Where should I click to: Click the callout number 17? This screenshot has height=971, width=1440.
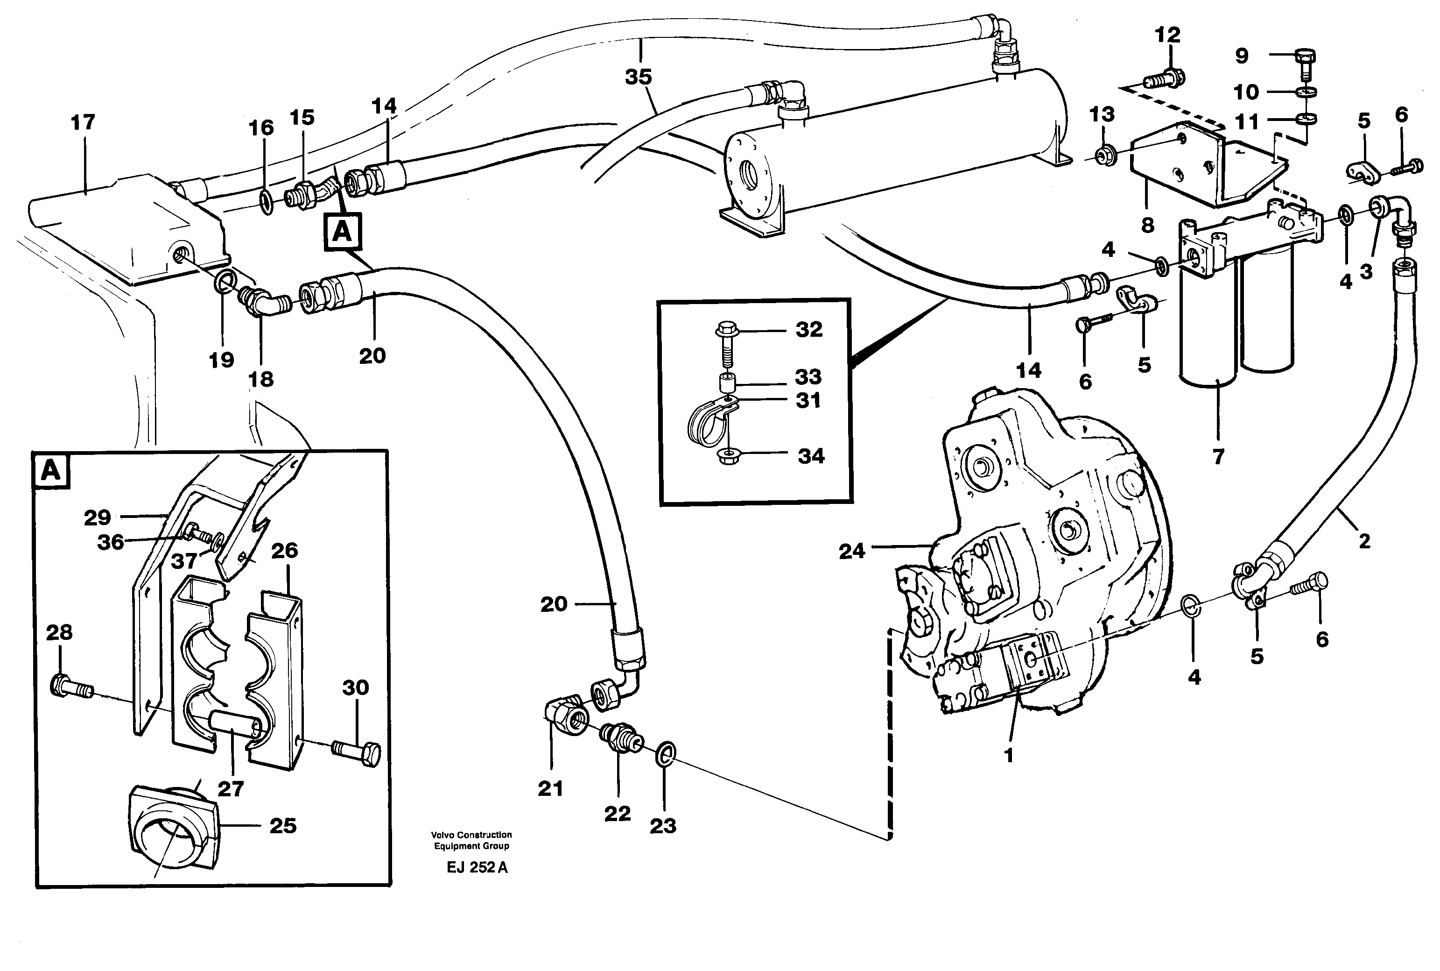[x=83, y=123]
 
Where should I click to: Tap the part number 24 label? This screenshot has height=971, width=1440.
[x=851, y=551]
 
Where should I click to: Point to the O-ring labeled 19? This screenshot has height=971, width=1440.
[x=224, y=283]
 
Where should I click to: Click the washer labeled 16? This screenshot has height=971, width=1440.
[x=265, y=202]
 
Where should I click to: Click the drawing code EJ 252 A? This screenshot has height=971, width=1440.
[x=477, y=868]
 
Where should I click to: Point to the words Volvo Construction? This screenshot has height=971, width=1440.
[x=471, y=835]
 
